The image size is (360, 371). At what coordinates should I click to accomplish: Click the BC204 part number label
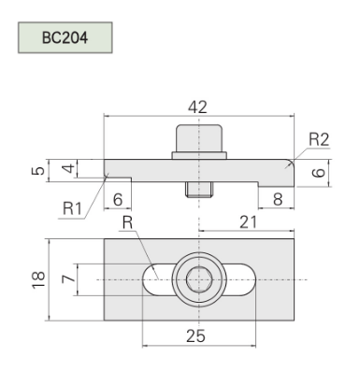tap(65, 37)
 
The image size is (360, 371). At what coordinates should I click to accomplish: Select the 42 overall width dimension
tap(197, 107)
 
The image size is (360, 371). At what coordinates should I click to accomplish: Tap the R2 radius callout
tap(319, 139)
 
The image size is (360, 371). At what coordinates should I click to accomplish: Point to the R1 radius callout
tap(72, 208)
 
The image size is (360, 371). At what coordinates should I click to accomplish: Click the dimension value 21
tap(249, 222)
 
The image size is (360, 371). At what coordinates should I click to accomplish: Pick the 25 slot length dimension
tap(195, 335)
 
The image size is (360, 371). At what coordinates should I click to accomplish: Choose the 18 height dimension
tap(38, 279)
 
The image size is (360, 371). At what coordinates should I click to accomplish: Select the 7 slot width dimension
tap(68, 278)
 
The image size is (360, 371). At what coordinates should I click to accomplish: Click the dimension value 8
tap(278, 199)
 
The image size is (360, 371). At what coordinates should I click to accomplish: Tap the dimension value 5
tap(38, 171)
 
